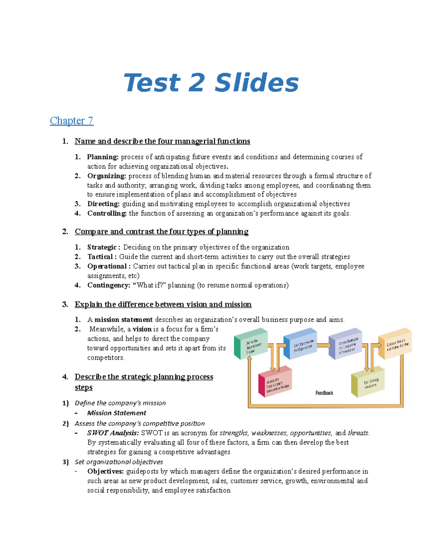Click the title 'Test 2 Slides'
tap(211, 82)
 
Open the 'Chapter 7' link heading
tap(71, 121)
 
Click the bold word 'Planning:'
tap(103, 157)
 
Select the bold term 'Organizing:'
tap(107, 176)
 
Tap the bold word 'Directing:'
tap(104, 204)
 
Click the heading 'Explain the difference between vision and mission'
tap(163, 304)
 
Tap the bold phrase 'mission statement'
tap(124, 320)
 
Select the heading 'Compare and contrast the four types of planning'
tap(161, 232)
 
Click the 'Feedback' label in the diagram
tap(324, 393)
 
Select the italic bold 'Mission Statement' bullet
tap(117, 413)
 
